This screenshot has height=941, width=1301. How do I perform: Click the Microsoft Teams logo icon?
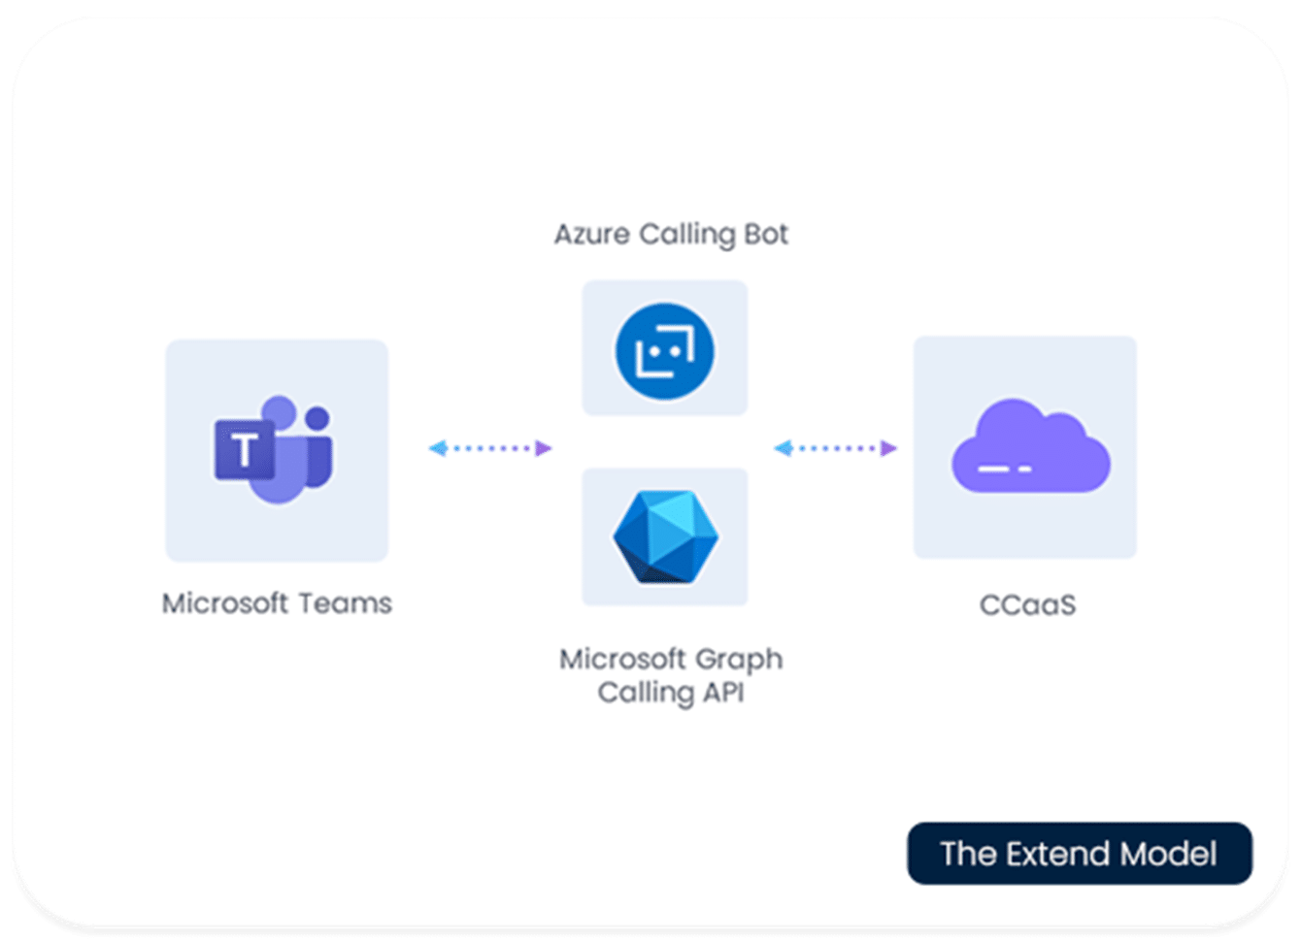pyautogui.click(x=275, y=450)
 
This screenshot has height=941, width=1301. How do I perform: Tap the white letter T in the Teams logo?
pyautogui.click(x=245, y=451)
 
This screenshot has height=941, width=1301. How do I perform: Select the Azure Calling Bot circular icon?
pyautogui.click(x=665, y=350)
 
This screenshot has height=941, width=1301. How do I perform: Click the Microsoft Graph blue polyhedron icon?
pyautogui.click(x=665, y=536)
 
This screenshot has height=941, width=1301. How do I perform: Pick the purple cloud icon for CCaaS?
pyautogui.click(x=1029, y=447)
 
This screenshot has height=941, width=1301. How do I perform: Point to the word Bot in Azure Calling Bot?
pyautogui.click(x=765, y=234)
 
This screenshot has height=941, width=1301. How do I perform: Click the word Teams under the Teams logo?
pyautogui.click(x=345, y=603)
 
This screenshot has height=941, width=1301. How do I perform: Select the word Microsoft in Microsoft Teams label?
pyautogui.click(x=224, y=603)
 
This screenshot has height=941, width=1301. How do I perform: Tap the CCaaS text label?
pyautogui.click(x=1027, y=605)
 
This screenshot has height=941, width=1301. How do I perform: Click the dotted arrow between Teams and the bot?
pyautogui.click(x=490, y=448)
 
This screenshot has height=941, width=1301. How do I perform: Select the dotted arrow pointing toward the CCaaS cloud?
pyautogui.click(x=836, y=448)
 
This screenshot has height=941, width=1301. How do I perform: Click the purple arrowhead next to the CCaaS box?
pyautogui.click(x=888, y=448)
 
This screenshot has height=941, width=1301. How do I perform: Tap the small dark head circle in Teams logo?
pyautogui.click(x=317, y=417)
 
